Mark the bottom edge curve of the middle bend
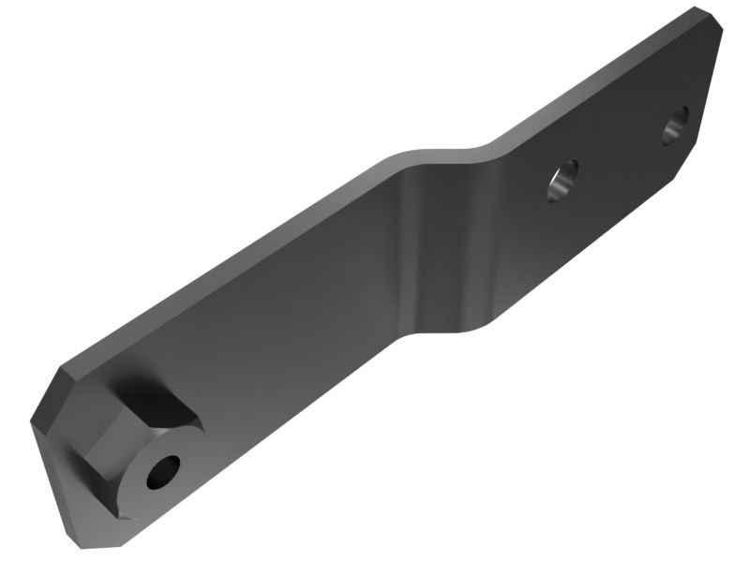pyautogui.click(x=450, y=328)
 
